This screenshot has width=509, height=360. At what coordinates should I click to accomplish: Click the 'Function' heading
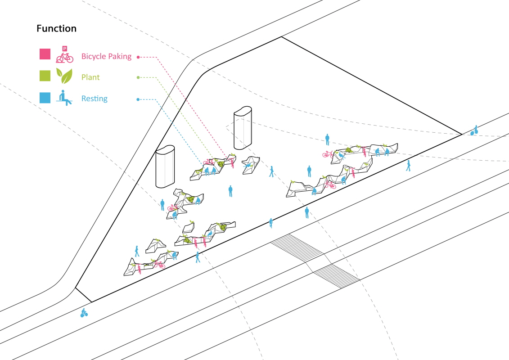click(x=57, y=28)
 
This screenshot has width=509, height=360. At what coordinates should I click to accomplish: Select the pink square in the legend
click(x=45, y=54)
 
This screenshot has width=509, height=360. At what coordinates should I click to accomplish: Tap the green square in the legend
click(x=45, y=76)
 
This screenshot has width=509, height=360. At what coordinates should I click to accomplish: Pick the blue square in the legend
click(x=45, y=98)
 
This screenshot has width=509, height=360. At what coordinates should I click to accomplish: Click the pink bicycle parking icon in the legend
click(x=65, y=54)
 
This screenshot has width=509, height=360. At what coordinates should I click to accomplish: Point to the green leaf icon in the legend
click(x=64, y=76)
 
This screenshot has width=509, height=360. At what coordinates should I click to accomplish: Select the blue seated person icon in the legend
click(x=64, y=98)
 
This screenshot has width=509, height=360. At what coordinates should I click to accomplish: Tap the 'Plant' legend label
click(x=90, y=77)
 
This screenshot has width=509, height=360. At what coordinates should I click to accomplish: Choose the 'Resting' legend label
click(x=95, y=99)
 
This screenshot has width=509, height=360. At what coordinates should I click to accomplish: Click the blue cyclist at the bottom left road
click(x=84, y=313)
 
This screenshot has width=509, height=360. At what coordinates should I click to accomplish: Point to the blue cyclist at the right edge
click(x=474, y=130)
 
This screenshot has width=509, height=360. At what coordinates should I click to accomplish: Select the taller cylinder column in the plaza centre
click(x=243, y=128)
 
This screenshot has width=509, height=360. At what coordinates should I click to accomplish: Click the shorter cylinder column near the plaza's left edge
click(x=165, y=166)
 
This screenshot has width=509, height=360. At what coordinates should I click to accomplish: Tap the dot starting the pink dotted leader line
click(x=138, y=57)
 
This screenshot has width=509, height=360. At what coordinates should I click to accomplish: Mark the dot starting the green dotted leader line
click(x=138, y=77)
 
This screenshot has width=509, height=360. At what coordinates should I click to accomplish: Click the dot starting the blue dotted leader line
click(x=138, y=99)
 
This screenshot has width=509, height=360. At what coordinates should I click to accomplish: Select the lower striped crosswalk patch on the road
click(x=337, y=276)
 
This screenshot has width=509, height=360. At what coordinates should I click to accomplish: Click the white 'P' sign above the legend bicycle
click(x=65, y=49)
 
